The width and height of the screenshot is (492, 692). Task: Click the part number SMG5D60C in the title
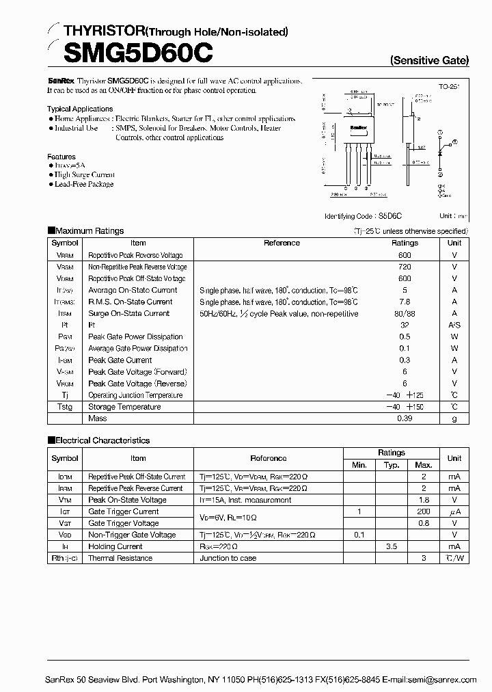130,52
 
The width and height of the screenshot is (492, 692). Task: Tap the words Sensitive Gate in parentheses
429,60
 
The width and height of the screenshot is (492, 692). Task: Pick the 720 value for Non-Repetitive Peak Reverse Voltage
405,267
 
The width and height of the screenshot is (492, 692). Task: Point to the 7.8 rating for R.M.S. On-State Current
405,302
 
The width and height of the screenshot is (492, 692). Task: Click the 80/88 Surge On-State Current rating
405,313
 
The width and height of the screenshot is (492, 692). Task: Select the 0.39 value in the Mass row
405,418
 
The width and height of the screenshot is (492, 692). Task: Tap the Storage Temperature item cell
124,407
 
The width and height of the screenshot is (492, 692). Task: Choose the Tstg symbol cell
65,407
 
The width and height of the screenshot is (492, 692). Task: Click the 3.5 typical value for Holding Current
391,546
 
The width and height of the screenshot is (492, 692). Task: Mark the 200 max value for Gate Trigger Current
424,511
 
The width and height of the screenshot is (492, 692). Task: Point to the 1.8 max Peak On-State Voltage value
424,500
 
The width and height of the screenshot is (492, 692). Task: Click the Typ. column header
391,465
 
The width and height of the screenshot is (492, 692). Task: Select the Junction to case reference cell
228,558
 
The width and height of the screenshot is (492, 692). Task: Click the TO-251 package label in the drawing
448,88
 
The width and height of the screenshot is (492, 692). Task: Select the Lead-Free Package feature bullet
83,184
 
